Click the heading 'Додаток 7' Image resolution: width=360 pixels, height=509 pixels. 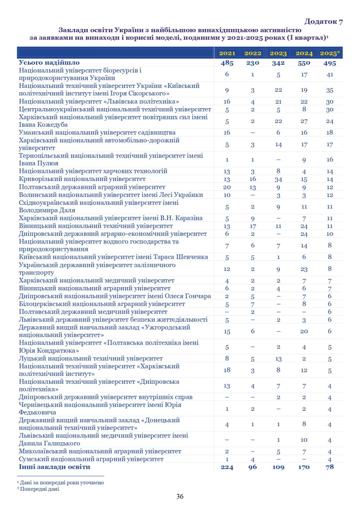tap(323, 21)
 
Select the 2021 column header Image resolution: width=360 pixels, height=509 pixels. tap(227, 53)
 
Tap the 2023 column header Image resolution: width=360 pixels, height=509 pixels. tap(278, 53)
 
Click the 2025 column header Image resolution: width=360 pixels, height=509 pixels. tap(329, 53)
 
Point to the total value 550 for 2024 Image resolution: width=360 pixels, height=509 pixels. tap(304, 63)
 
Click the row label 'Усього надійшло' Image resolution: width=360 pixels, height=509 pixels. tap(49, 62)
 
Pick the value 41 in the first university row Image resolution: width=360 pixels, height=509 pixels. tap(329, 74)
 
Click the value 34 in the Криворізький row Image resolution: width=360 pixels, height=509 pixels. tap(278, 179)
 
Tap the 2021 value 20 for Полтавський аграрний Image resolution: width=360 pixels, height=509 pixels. tap(227, 187)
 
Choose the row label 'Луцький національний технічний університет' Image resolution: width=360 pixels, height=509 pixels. tap(91, 358)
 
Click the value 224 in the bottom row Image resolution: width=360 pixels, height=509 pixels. tap(227, 467)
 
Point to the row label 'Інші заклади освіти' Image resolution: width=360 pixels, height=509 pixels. tap(54, 467)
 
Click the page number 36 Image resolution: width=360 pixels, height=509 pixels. tap(180, 496)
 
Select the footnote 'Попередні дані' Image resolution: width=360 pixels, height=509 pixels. tap(39, 489)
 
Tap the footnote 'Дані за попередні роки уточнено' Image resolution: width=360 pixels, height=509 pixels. tap(62, 482)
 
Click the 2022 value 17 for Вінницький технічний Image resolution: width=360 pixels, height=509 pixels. tap(253, 226)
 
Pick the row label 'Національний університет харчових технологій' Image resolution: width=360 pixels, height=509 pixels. tap(93, 171)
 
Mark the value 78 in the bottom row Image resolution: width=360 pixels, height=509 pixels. tap(329, 467)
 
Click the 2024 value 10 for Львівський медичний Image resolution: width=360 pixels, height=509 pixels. tap(304, 439)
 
